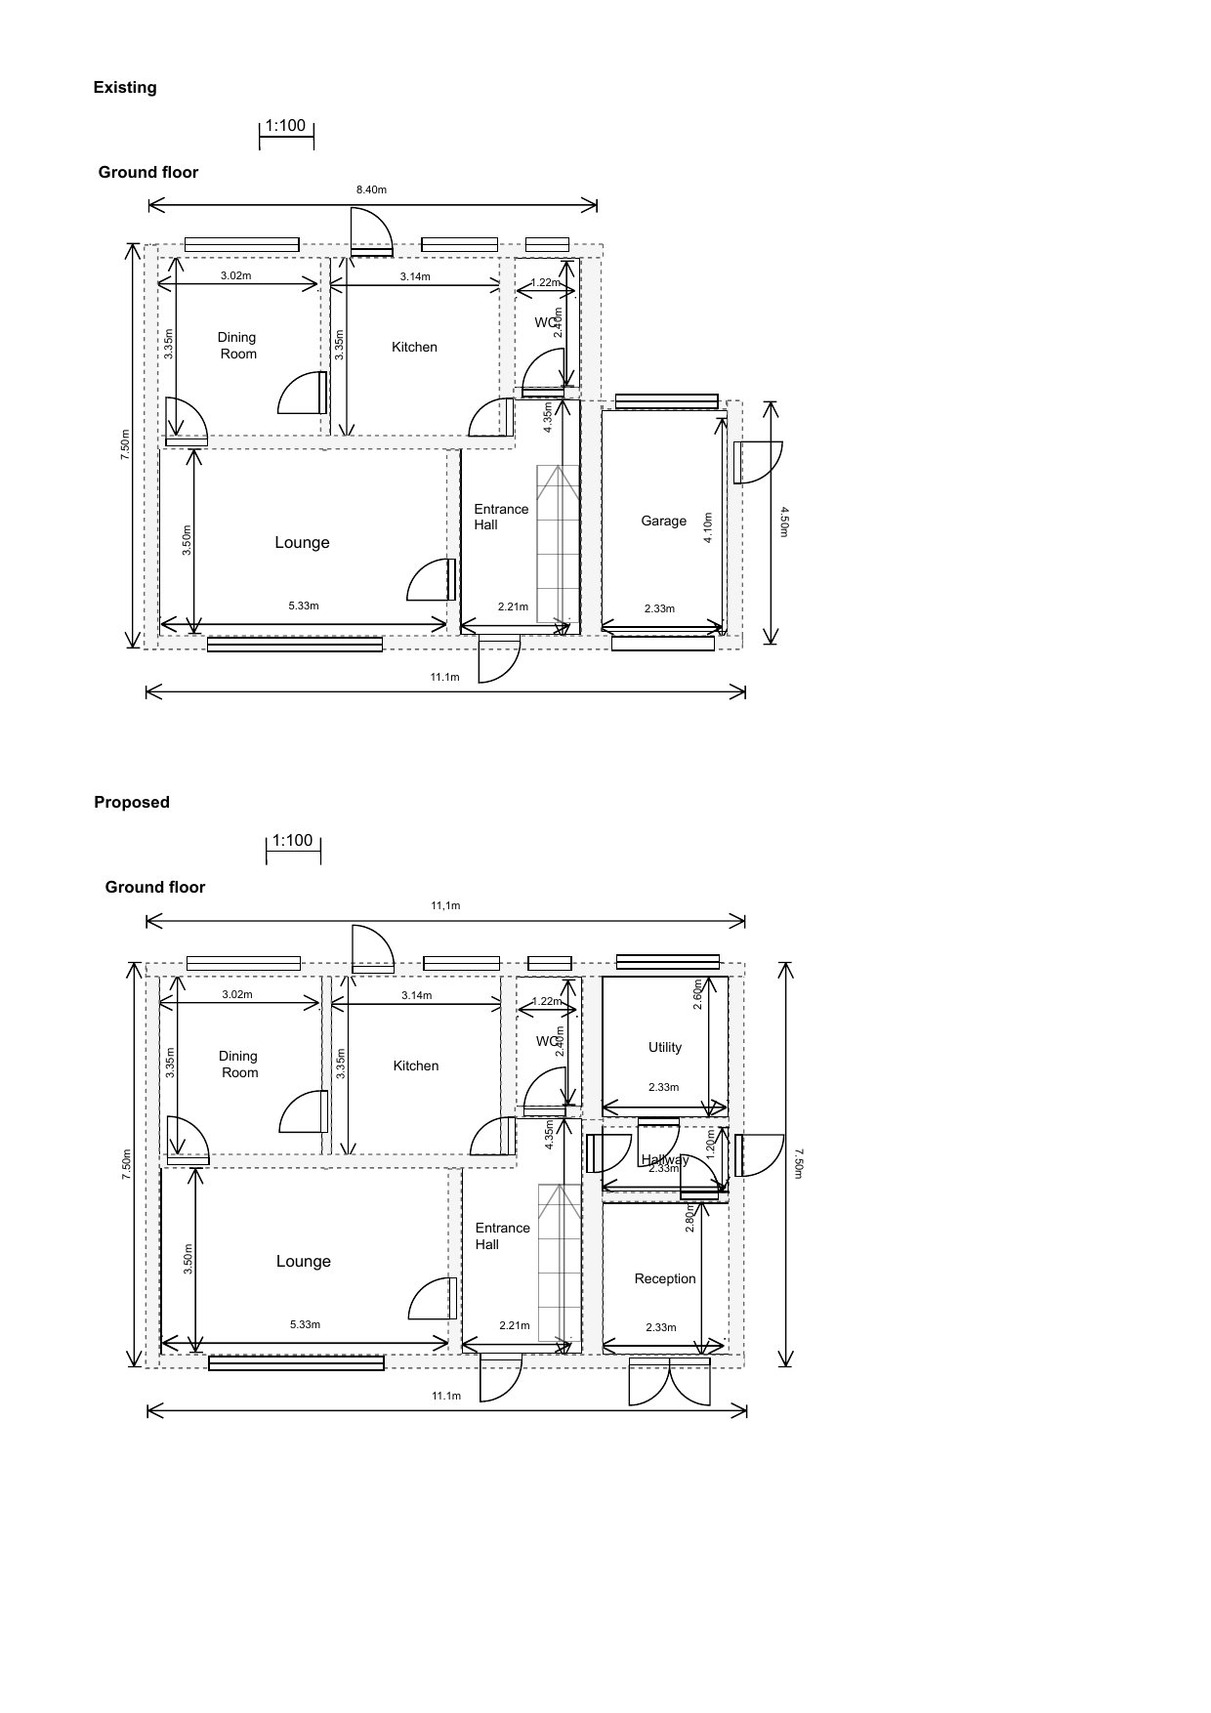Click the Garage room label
[663, 521]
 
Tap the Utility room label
[665, 1047]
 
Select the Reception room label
[665, 1278]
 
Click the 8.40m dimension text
[371, 189]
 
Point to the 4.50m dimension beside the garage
[784, 522]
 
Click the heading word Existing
[125, 88]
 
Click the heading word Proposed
[132, 802]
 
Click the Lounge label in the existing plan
[302, 543]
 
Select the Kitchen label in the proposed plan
[416, 1065]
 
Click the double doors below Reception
[668, 1381]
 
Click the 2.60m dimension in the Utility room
[697, 994]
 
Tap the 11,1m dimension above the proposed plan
[445, 905]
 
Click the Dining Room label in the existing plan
[237, 345]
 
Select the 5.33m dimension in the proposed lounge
[305, 1324]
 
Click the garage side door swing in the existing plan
[759, 462]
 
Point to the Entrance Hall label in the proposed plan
[501, 1235]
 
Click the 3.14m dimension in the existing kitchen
[415, 276]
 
